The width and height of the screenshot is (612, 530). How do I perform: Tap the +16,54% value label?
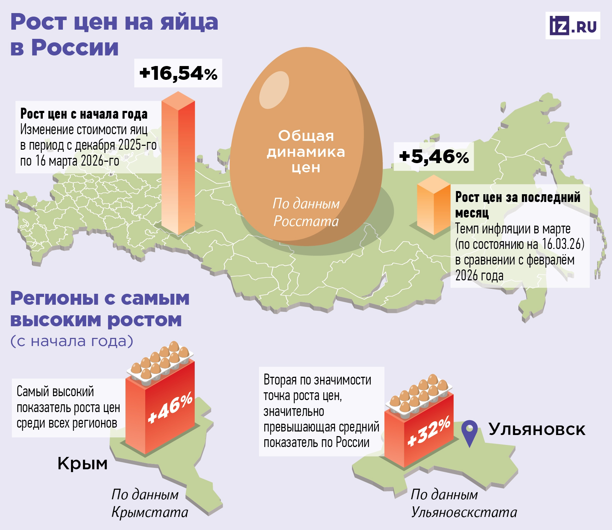pos(178,73)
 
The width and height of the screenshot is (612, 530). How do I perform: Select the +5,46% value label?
pos(434,157)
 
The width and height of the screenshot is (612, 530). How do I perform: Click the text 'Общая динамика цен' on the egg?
pos(306,151)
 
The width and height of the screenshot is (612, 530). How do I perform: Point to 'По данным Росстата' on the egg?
pos(306,213)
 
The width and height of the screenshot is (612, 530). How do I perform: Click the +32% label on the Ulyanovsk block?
pos(429,432)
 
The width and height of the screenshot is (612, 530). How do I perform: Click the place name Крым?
pos(82,463)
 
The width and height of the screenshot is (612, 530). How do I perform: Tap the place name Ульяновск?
pos(537,429)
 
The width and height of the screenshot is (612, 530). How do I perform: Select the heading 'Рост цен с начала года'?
pos(84,114)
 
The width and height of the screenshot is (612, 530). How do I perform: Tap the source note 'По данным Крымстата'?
pos(149,503)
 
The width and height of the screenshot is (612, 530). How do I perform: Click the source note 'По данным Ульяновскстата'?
pos(464,503)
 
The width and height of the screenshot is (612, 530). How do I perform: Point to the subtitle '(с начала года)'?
pos(72,341)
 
